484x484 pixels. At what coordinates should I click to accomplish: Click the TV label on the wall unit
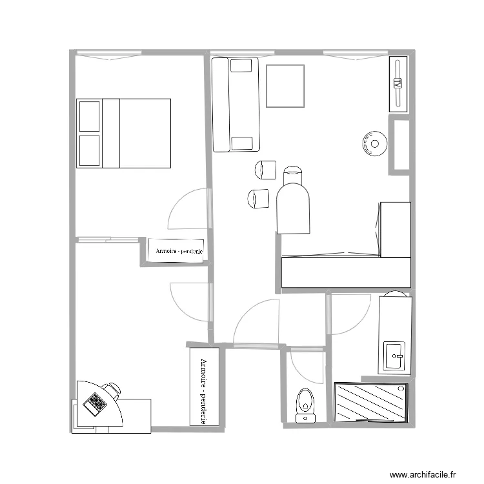(398, 83)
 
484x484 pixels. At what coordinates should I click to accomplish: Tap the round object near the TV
(374, 145)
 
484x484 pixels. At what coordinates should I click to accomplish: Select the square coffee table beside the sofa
(285, 86)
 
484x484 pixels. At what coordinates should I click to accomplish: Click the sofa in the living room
(236, 104)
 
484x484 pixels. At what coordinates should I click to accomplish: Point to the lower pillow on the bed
(89, 151)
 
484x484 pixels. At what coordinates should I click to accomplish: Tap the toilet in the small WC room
(305, 403)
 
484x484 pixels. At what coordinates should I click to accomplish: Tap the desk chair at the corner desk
(112, 389)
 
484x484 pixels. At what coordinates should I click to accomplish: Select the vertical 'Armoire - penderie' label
(204, 387)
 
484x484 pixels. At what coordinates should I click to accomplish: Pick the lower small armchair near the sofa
(258, 198)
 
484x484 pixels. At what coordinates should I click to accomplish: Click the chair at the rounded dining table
(293, 174)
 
